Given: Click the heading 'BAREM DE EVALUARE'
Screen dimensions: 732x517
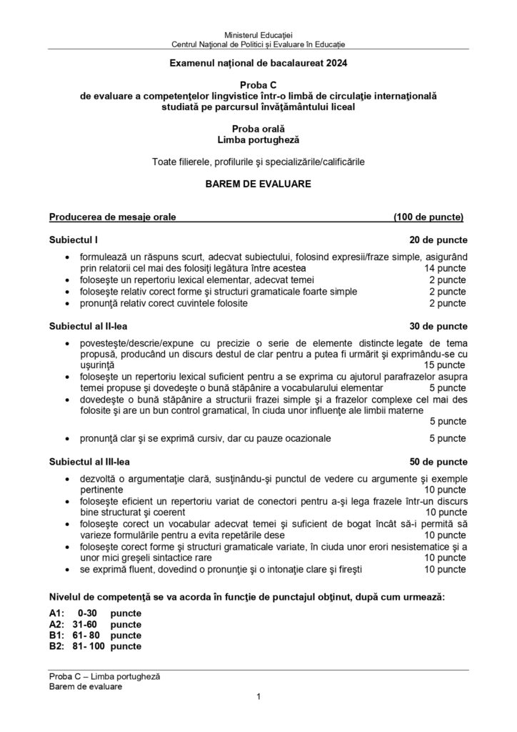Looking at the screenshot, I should point(258,184).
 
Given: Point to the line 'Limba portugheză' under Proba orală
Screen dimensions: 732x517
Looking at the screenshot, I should point(258,141).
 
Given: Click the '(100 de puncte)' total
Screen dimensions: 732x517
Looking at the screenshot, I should point(428,216).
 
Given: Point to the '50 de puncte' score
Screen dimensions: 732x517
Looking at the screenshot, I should point(438,463).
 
